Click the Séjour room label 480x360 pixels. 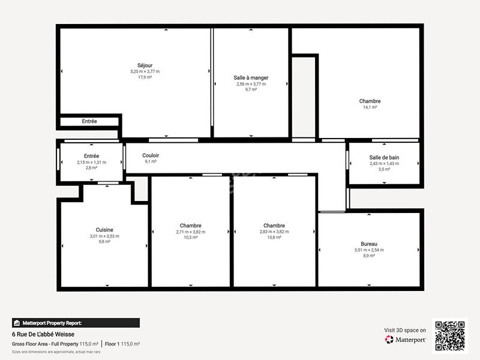145,65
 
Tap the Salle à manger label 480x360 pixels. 251,77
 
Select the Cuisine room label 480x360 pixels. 104,230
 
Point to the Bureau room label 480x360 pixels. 369,244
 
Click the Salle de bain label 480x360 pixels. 384,157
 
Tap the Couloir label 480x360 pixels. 151,155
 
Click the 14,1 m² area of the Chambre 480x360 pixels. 370,107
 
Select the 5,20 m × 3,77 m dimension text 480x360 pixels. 145,71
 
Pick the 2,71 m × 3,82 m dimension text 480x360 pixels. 190,232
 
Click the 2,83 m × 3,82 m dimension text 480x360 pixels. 274,232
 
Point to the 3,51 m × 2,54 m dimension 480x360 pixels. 369,250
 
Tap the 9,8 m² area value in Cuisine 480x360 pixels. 104,242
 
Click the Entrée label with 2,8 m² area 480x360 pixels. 91,156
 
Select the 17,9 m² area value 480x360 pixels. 145,77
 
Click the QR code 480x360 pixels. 451,335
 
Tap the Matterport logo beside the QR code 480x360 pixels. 406,340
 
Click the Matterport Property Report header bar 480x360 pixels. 76,323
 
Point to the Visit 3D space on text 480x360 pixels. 405,330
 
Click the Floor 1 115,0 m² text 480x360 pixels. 122,344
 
